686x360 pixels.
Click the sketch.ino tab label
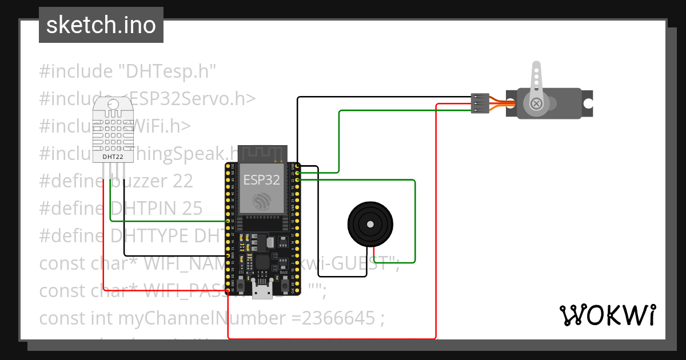tap(101, 25)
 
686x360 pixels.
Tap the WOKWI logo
tap(607, 315)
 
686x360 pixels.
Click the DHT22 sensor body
tap(111, 129)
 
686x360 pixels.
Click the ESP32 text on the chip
tap(262, 180)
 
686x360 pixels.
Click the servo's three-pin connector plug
tap(479, 103)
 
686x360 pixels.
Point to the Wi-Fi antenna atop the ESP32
tap(261, 153)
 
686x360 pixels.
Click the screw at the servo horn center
tap(536, 103)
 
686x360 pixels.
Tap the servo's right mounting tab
tap(588, 103)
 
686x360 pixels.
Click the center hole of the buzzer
tap(370, 225)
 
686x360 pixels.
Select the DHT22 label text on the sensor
tap(111, 156)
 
